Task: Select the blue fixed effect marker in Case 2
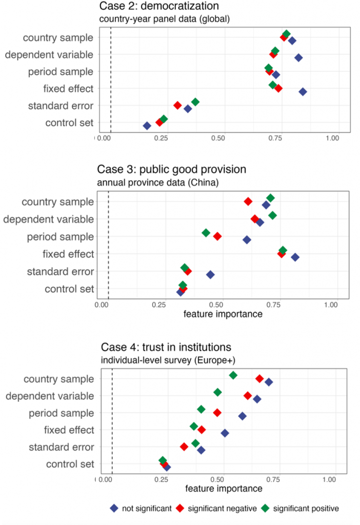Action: (303, 92)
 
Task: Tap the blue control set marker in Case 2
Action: (147, 126)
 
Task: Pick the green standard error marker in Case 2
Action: (195, 102)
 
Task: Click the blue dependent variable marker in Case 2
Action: (298, 58)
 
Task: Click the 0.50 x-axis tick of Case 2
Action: (218, 138)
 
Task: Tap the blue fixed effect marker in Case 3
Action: (295, 257)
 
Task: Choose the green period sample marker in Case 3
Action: (206, 233)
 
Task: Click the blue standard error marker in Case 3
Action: (210, 275)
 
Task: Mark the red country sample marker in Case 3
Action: (248, 201)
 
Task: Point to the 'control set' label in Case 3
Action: (69, 289)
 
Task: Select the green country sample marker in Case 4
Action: (233, 375)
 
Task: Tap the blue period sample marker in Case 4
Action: (242, 416)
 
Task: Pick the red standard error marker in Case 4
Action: (184, 447)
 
